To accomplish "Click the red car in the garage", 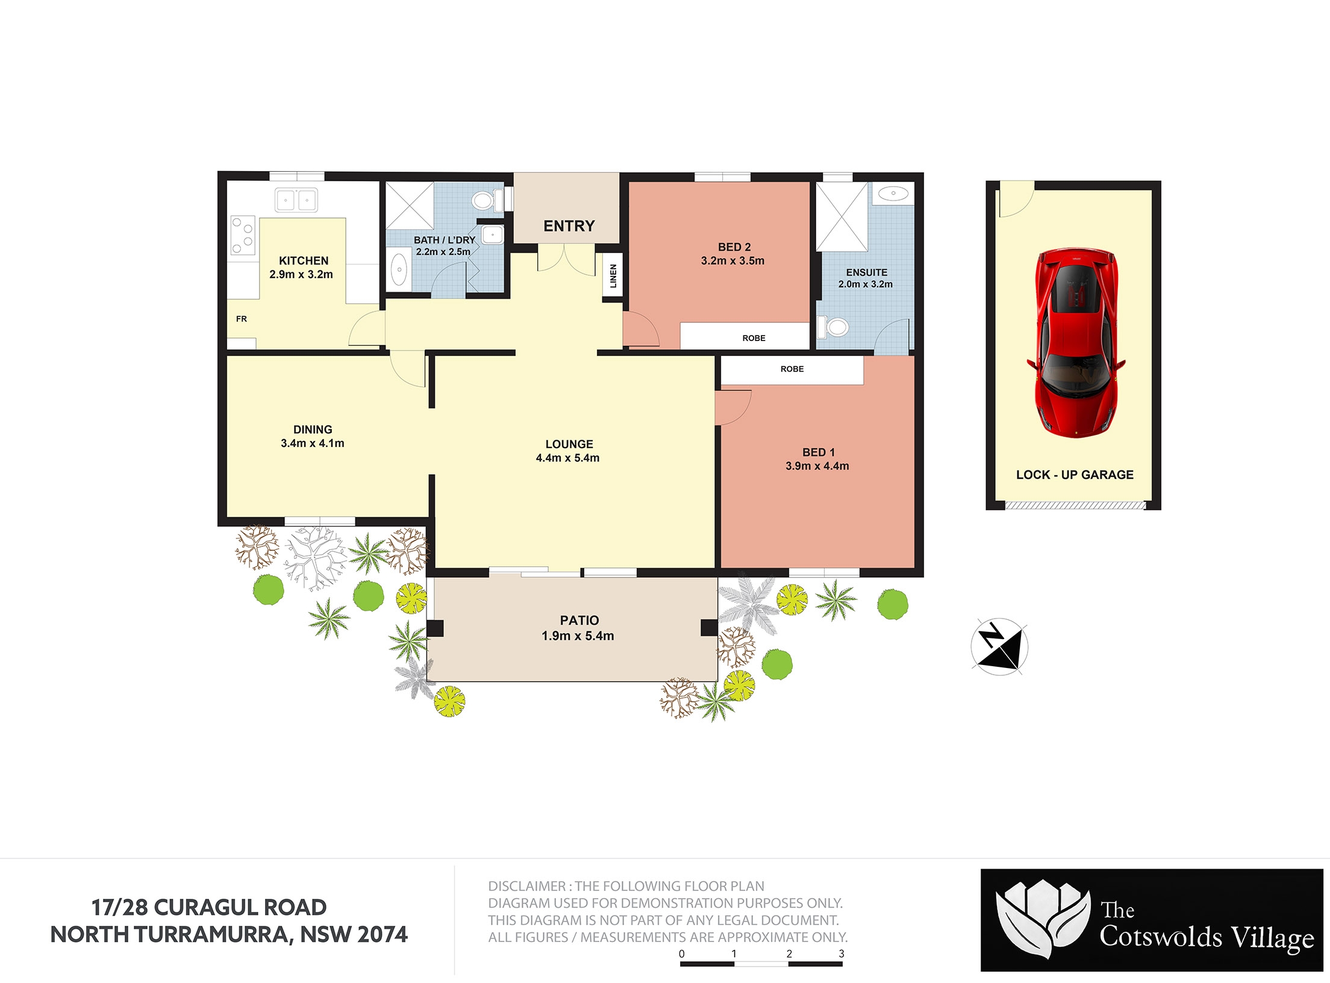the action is click(1076, 343).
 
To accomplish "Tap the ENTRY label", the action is click(569, 226).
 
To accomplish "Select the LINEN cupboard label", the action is click(613, 276).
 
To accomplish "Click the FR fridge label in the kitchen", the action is click(242, 319).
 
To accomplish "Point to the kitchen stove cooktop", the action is click(243, 236).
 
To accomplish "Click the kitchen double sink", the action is click(296, 200).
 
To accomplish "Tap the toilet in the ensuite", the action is click(833, 327).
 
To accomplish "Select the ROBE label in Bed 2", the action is click(754, 338).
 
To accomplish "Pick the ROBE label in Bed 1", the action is click(792, 369).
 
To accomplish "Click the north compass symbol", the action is click(999, 647).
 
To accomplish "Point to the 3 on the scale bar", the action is click(841, 953).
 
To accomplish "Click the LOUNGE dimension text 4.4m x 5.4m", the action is click(567, 458).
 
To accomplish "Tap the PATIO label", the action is click(579, 620).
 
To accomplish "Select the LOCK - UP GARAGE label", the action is click(1075, 475).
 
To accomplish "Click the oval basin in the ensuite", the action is click(893, 193).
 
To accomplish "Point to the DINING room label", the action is click(313, 429).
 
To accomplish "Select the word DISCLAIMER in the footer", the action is click(526, 886).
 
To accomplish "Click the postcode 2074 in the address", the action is click(382, 934).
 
